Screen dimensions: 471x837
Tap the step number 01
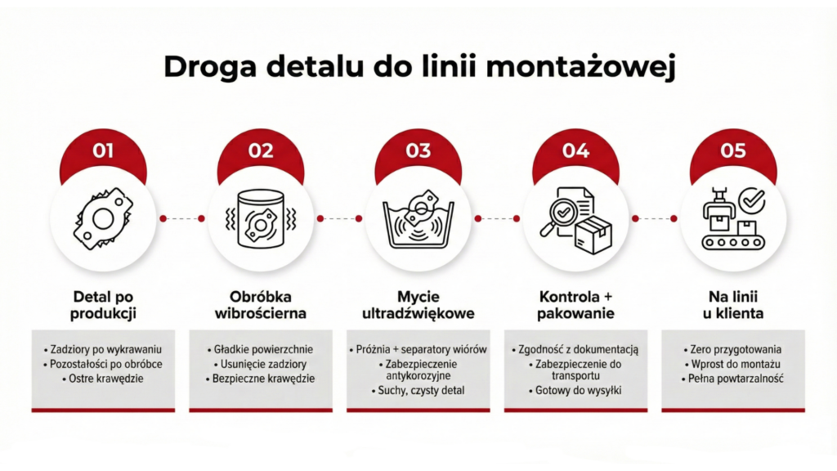pyautogui.click(x=103, y=150)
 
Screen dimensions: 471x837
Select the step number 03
pyautogui.click(x=418, y=150)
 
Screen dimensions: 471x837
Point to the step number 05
pyautogui.click(x=733, y=150)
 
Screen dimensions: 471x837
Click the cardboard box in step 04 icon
pyautogui.click(x=594, y=234)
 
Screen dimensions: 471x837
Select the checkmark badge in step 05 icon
pyautogui.click(x=751, y=199)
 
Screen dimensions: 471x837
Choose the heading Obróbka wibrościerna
pyautogui.click(x=261, y=304)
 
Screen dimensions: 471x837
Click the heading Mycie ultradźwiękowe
pyautogui.click(x=418, y=304)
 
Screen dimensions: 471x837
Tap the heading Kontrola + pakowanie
pyautogui.click(x=576, y=304)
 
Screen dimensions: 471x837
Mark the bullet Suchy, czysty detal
pyautogui.click(x=419, y=391)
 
